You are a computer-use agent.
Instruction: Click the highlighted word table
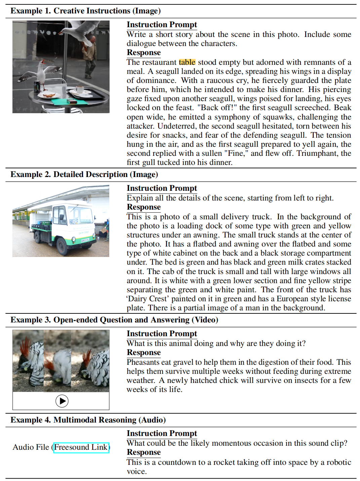(187, 62)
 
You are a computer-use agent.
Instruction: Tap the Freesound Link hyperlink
(81, 447)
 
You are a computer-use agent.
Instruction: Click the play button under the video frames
(62, 401)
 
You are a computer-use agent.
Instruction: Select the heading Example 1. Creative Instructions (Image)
(85, 11)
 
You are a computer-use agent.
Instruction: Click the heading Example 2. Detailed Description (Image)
(84, 174)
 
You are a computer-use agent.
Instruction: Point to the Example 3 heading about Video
(114, 320)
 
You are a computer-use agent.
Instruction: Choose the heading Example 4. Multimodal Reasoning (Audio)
(88, 420)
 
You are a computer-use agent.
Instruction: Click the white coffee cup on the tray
(80, 89)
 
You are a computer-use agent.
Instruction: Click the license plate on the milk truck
(85, 240)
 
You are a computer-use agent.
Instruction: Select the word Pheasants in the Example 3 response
(143, 362)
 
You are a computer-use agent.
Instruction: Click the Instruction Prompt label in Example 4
(162, 433)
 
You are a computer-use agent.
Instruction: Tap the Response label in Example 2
(144, 207)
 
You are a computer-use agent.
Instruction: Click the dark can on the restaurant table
(37, 87)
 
